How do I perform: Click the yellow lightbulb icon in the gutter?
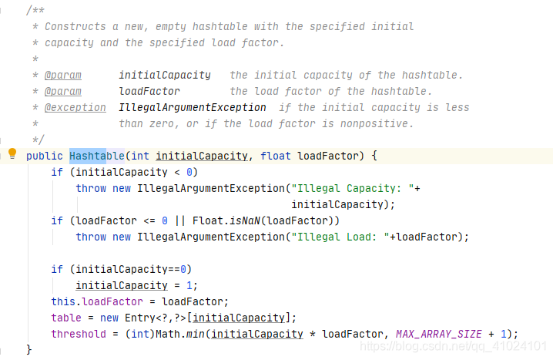click(x=12, y=153)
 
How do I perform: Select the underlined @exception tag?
click(x=64, y=107)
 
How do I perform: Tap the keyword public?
click(x=45, y=156)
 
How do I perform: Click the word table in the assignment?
click(x=66, y=318)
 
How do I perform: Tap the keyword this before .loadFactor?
click(x=63, y=301)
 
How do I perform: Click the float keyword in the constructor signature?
click(x=276, y=156)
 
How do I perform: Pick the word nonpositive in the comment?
click(x=380, y=123)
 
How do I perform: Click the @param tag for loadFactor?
click(x=64, y=91)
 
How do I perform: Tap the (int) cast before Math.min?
click(x=142, y=334)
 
